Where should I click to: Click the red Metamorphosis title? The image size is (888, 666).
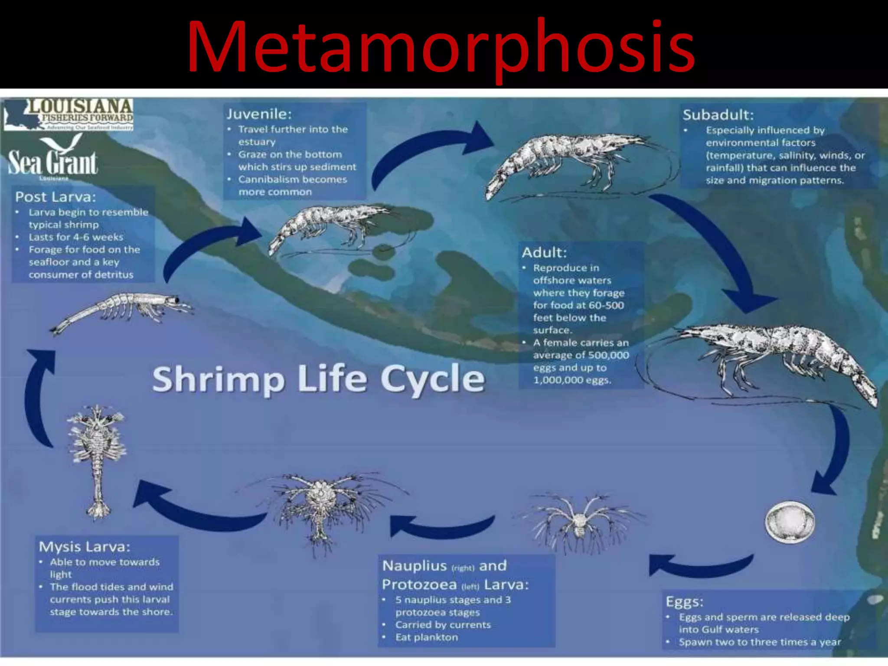click(441, 47)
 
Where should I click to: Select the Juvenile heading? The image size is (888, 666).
click(259, 114)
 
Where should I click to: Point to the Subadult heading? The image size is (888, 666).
click(718, 115)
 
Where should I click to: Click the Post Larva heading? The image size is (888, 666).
click(55, 197)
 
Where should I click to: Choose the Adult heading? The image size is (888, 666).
click(544, 252)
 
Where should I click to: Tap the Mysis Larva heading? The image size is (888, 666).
click(85, 546)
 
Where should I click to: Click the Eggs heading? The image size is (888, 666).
click(684, 602)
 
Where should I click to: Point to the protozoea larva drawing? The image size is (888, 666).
click(321, 505)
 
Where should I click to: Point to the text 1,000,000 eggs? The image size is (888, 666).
click(572, 380)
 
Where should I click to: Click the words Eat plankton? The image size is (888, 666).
click(426, 637)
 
